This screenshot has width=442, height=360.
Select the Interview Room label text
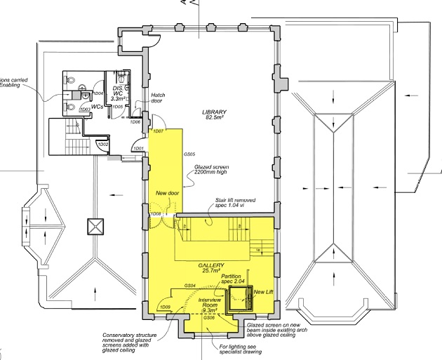[210, 303]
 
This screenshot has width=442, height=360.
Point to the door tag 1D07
[158, 132]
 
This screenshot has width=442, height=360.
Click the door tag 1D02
[103, 145]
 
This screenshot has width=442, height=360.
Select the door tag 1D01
[138, 149]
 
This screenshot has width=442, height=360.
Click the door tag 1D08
[156, 213]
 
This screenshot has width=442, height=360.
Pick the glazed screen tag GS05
[189, 154]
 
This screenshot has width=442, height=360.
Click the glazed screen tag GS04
[189, 286]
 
